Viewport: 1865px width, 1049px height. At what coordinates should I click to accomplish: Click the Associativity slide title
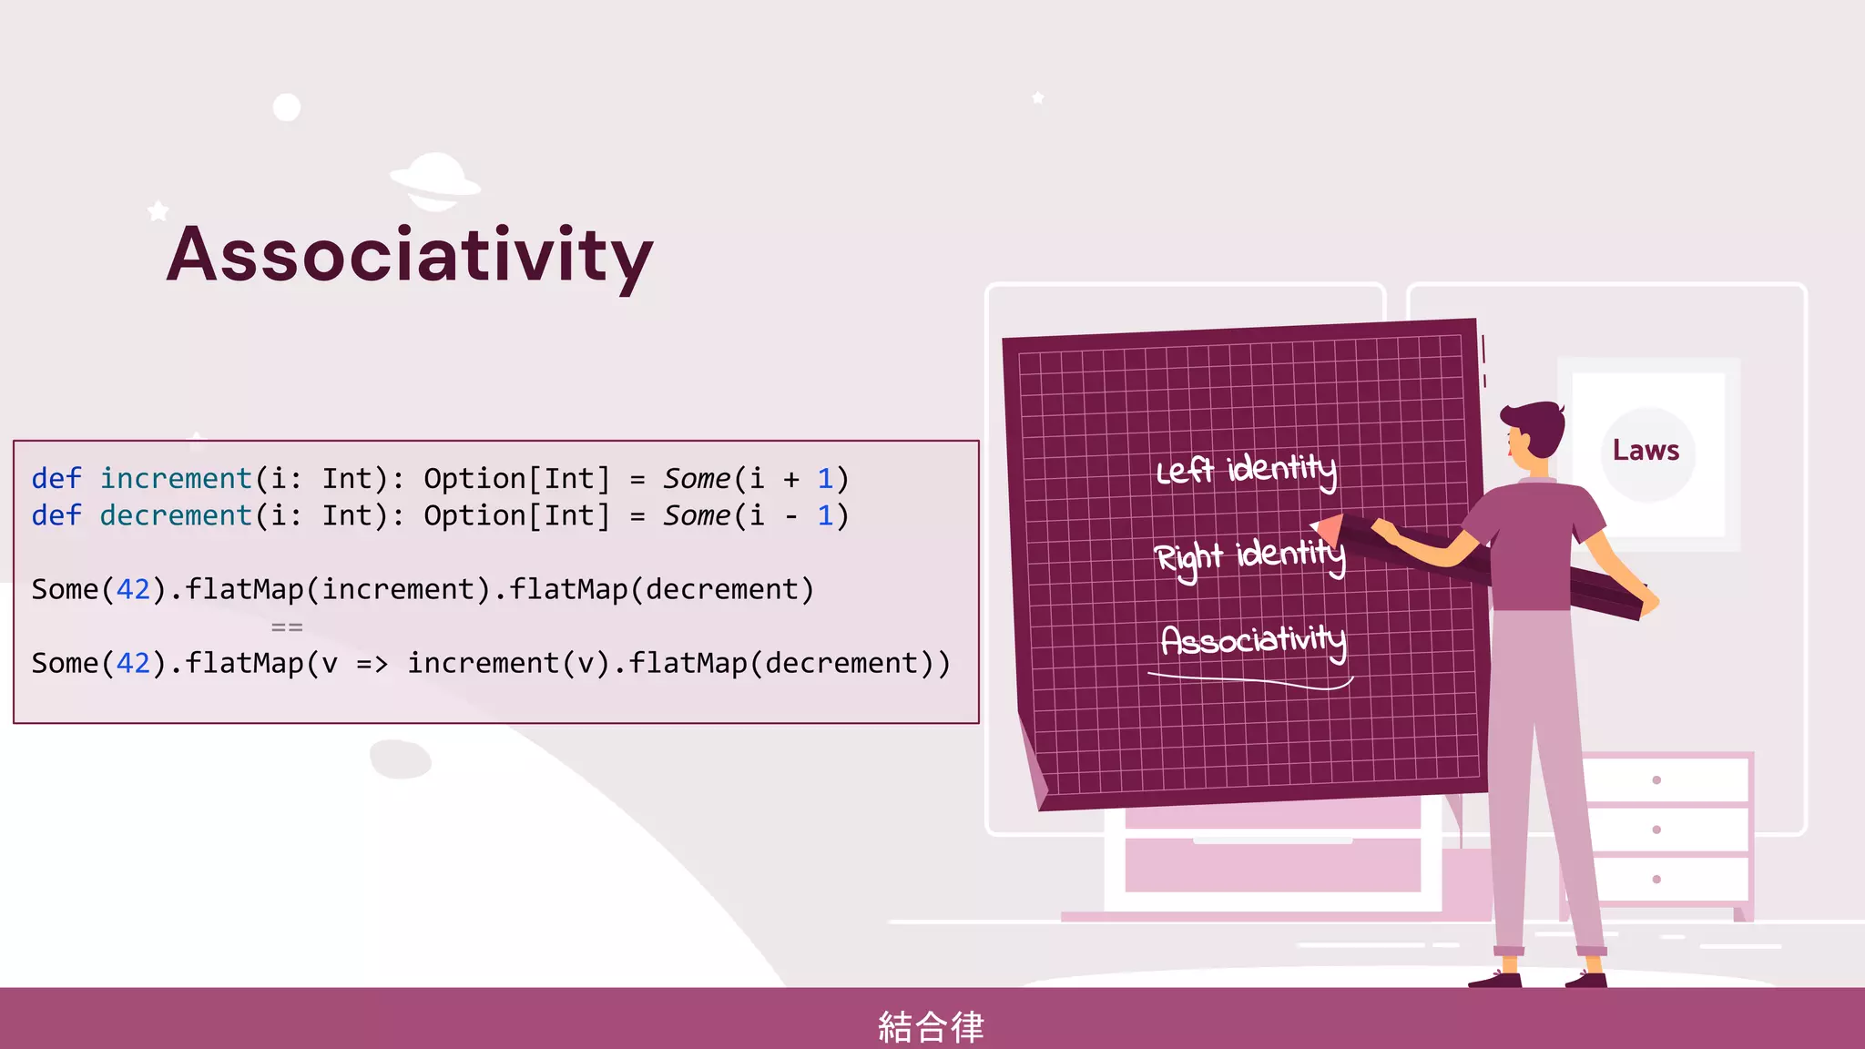pyautogui.click(x=410, y=255)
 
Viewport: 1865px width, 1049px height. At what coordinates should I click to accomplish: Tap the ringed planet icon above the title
pyautogui.click(x=435, y=180)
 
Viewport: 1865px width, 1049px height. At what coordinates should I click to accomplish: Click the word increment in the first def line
pyautogui.click(x=176, y=478)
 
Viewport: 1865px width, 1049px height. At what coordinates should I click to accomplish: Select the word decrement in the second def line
pyautogui.click(x=176, y=515)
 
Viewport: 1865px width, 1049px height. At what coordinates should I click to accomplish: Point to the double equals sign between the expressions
pyautogui.click(x=287, y=627)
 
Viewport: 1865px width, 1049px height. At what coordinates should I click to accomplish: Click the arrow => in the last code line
pyautogui.click(x=372, y=664)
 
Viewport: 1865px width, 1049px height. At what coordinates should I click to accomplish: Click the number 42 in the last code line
pyautogui.click(x=133, y=664)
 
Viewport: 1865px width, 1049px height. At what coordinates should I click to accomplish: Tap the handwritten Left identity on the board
pyautogui.click(x=1246, y=470)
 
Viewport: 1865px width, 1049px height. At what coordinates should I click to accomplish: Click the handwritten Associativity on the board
pyautogui.click(x=1253, y=639)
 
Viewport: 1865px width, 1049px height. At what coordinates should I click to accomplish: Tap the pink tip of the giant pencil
pyautogui.click(x=1327, y=529)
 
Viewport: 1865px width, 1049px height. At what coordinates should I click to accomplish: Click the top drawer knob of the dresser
pyautogui.click(x=1656, y=779)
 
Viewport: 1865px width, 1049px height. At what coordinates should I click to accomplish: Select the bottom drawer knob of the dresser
pyautogui.click(x=1656, y=879)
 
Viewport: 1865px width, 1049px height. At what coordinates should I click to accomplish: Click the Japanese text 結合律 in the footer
pyautogui.click(x=931, y=1026)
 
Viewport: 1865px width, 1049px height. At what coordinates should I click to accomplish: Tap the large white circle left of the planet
pyautogui.click(x=287, y=107)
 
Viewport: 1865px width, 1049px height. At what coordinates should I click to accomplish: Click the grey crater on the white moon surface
pyautogui.click(x=401, y=759)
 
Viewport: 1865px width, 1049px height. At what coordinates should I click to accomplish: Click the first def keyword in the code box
pyautogui.click(x=56, y=478)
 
